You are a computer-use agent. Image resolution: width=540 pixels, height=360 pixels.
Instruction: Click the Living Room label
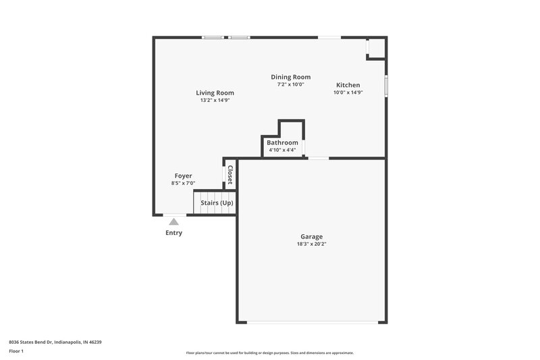click(215, 93)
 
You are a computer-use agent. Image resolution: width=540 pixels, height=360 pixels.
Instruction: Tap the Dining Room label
click(290, 77)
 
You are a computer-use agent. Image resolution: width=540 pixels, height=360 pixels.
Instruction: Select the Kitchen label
click(348, 85)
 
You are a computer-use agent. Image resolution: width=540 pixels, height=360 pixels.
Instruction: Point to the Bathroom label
click(282, 143)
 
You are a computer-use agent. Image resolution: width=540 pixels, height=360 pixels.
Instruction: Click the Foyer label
click(184, 176)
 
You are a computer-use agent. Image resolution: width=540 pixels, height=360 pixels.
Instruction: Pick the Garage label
click(311, 236)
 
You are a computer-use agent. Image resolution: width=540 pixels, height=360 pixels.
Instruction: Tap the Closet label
click(230, 175)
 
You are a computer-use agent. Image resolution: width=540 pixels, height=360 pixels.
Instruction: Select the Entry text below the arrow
click(173, 233)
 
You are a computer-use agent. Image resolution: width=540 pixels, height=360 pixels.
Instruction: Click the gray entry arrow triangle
click(173, 221)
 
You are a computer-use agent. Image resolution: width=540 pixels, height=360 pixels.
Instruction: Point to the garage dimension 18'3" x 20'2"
click(311, 244)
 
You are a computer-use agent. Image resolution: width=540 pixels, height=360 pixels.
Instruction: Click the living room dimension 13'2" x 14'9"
click(215, 100)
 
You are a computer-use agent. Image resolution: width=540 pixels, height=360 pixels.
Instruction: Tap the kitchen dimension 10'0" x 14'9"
click(348, 93)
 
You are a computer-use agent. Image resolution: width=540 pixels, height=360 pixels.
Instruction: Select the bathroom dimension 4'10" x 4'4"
click(282, 150)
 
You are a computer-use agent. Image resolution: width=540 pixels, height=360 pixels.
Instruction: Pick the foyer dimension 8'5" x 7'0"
click(184, 183)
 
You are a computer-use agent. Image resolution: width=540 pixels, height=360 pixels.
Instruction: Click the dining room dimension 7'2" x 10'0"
click(290, 84)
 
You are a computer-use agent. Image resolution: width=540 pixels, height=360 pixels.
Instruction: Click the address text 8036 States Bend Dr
click(55, 342)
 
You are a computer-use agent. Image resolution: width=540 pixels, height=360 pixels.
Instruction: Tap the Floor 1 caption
click(16, 351)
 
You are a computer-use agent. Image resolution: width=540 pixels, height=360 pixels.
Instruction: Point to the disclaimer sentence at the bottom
click(269, 353)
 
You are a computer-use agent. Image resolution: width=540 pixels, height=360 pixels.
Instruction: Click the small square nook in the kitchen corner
click(376, 47)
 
